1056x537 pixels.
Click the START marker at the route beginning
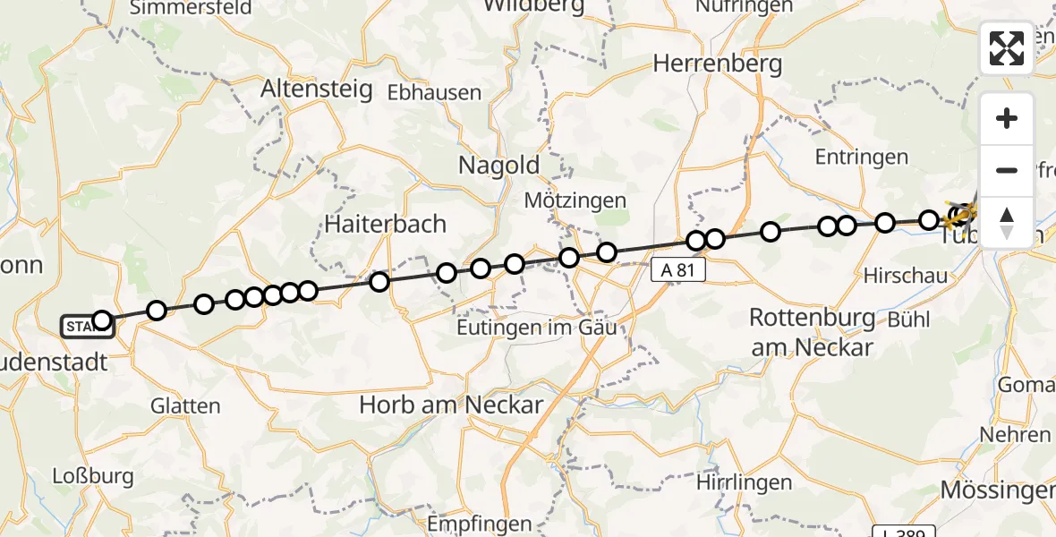click(86, 327)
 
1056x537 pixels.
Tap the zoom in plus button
click(1007, 118)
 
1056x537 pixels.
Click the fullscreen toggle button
click(1007, 48)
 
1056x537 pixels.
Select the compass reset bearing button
click(1007, 222)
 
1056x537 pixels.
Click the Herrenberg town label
click(718, 64)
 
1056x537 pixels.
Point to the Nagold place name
click(498, 166)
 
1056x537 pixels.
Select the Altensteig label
click(316, 90)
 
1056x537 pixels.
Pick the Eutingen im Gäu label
click(537, 328)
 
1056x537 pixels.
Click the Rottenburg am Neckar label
click(812, 332)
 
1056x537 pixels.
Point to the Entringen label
click(861, 158)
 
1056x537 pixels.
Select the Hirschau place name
click(905, 276)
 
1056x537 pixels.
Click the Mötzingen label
click(575, 200)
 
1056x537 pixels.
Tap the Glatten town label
click(185, 405)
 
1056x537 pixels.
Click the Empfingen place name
click(480, 524)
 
